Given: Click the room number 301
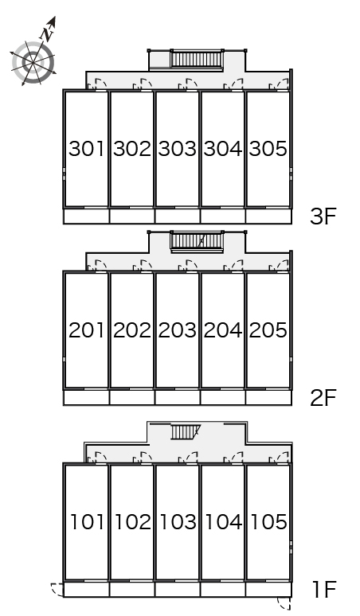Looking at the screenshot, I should (87, 149).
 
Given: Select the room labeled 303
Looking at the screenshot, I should (178, 149).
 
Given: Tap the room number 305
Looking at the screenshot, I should (268, 149).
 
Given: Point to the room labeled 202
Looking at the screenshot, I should (132, 329).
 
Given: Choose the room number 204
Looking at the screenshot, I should (223, 329).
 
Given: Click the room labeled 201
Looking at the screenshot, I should (87, 329).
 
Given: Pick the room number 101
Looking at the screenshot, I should (87, 522).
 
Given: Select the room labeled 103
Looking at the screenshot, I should (178, 522).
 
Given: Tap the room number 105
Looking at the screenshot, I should (268, 522).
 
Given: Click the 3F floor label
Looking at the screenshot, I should (325, 216).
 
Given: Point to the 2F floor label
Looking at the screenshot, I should (325, 397).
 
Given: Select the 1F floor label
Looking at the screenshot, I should (325, 590).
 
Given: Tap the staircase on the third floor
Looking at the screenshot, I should (196, 59).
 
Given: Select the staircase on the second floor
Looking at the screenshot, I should (196, 240).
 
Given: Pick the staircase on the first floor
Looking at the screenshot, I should (184, 431).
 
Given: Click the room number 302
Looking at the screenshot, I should (132, 149).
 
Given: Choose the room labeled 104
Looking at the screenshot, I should (223, 522).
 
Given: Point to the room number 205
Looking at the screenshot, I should (268, 329).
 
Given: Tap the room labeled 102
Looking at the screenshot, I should (132, 522).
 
